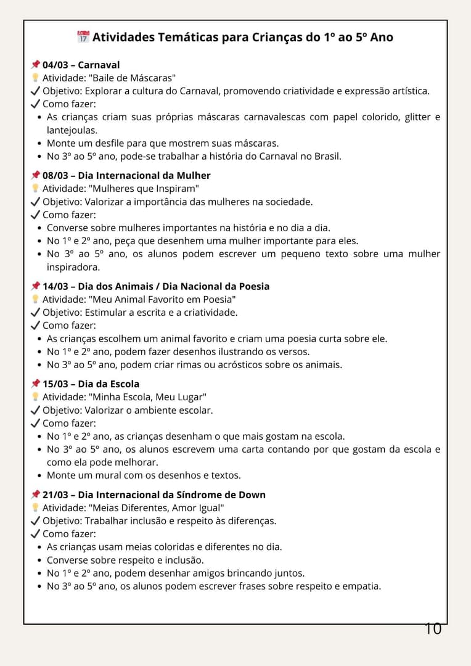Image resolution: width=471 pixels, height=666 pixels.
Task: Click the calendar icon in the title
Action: point(83,36)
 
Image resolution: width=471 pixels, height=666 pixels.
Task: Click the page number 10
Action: point(433,629)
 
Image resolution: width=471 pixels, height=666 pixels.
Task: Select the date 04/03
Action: point(55,65)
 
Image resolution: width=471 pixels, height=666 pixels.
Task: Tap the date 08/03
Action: point(55,175)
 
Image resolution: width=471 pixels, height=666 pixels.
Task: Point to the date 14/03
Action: point(55,286)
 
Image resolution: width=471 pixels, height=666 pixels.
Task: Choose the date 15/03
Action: point(55,384)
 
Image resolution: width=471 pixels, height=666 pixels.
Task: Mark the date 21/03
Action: point(55,495)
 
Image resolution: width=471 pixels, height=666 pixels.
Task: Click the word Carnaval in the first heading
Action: point(99,65)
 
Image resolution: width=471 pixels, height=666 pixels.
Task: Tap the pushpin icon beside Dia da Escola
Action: point(35,384)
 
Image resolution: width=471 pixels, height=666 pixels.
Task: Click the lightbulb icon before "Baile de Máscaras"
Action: point(35,78)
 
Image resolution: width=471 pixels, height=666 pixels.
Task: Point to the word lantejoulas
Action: point(72,130)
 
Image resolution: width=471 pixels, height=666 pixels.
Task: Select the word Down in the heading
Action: point(253,495)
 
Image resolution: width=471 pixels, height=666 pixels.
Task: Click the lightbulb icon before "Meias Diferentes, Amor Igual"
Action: point(35,508)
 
